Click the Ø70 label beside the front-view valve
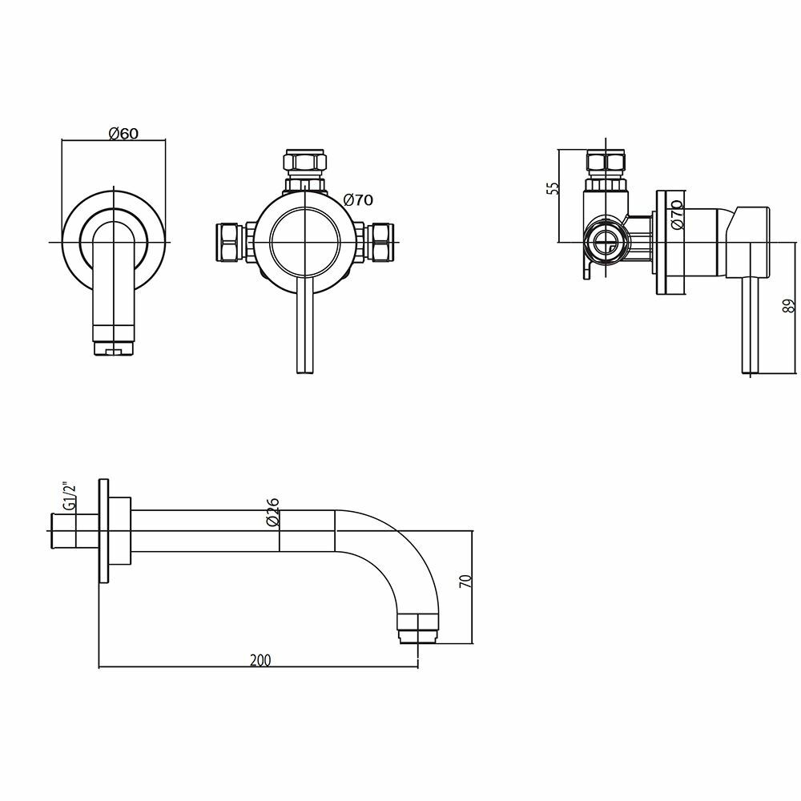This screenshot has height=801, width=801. point(357,200)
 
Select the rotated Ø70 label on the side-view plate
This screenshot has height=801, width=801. point(677,215)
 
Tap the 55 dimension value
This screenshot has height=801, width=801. point(552,189)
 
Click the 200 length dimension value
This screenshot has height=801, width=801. point(260,660)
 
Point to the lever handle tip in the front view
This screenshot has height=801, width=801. point(304,365)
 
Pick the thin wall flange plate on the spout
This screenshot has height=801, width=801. point(103,532)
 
